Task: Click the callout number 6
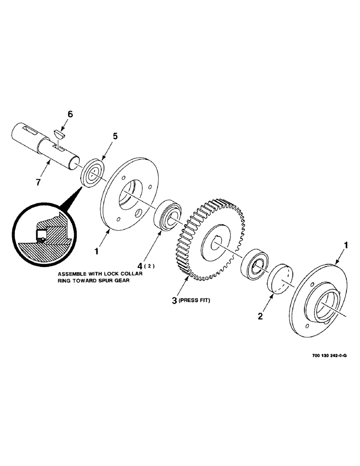coord(69,114)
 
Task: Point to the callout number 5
coord(115,137)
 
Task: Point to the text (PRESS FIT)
coord(195,301)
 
